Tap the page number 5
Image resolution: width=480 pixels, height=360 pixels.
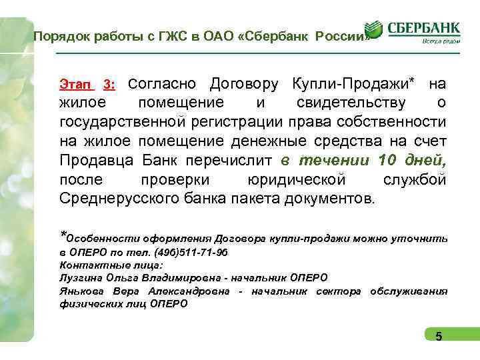[x=439, y=336]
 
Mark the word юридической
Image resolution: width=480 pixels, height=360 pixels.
[x=296, y=179]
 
